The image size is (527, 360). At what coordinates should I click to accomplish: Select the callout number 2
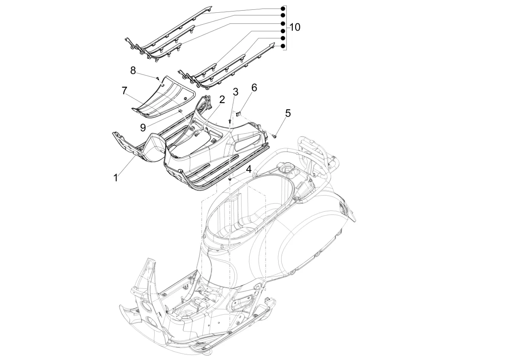(222, 100)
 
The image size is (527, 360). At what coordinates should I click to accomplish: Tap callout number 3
(236, 91)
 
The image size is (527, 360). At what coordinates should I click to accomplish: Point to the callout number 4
(248, 170)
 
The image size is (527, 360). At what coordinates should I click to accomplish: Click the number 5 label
(288, 113)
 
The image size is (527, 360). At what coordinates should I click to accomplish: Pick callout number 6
(254, 88)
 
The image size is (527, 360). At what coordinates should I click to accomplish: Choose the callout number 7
(124, 90)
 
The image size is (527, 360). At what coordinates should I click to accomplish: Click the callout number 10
(294, 27)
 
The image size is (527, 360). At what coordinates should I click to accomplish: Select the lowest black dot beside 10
(283, 45)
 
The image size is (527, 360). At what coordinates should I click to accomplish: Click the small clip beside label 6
(239, 114)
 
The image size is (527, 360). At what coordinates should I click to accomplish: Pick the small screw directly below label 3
(230, 121)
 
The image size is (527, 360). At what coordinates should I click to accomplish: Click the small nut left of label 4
(230, 180)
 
